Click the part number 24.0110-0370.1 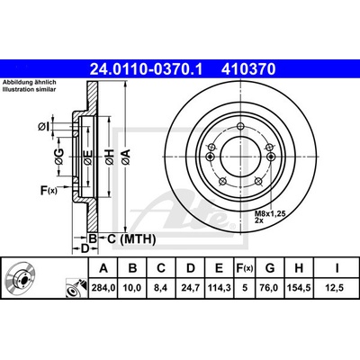(x=147, y=69)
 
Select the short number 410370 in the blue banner (x=248, y=69)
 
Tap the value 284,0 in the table (x=103, y=288)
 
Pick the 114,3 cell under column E (x=220, y=288)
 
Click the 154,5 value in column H (x=299, y=288)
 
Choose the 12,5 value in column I (x=337, y=288)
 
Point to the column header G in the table (x=270, y=268)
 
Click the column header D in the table (x=191, y=268)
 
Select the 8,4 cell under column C (x=161, y=288)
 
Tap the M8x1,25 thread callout (x=269, y=213)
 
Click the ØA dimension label (x=125, y=157)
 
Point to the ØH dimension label (x=110, y=157)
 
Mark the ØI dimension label (x=43, y=127)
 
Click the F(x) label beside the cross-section (x=49, y=190)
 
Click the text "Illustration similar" (x=30, y=89)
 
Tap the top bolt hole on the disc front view (x=240, y=127)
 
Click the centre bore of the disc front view (x=240, y=157)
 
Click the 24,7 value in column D (x=191, y=288)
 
